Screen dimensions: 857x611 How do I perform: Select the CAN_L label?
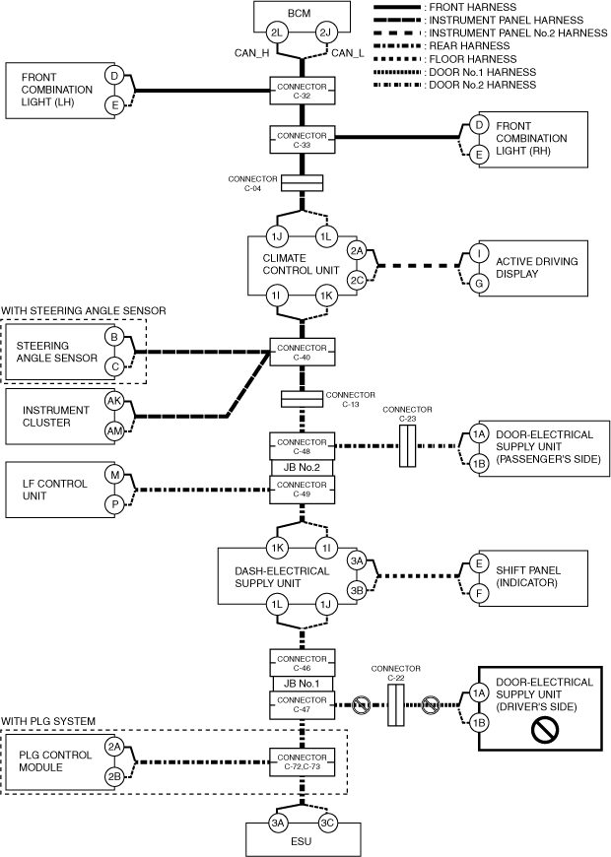[352, 53]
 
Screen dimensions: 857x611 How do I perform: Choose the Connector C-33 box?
[302, 140]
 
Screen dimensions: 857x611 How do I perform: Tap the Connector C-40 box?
[302, 352]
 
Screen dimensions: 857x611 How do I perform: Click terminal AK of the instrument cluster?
[115, 401]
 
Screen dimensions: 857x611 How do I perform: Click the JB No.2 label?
[302, 468]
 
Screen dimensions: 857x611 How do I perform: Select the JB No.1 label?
[302, 684]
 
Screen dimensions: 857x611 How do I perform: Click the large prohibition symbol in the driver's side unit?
[545, 729]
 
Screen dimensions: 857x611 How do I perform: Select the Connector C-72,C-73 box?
[302, 760]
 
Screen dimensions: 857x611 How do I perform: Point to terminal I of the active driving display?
[479, 253]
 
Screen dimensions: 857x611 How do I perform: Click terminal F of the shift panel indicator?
[479, 595]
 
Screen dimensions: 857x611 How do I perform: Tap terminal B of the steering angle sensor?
[115, 338]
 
